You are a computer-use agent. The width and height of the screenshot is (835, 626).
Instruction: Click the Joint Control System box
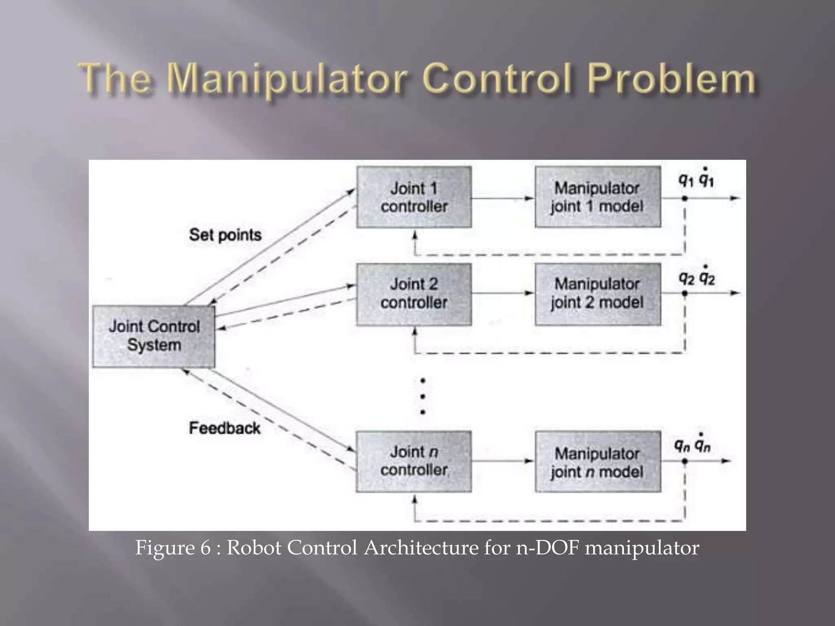pyautogui.click(x=154, y=336)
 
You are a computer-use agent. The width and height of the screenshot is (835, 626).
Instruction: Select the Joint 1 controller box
pyautogui.click(x=414, y=197)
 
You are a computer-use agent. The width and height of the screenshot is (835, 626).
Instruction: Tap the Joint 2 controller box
pyautogui.click(x=414, y=294)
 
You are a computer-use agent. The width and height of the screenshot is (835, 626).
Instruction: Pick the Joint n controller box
pyautogui.click(x=414, y=461)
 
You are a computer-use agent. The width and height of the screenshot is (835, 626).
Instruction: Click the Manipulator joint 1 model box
pyautogui.click(x=598, y=197)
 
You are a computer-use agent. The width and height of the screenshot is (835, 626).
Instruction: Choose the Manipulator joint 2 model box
pyautogui.click(x=598, y=294)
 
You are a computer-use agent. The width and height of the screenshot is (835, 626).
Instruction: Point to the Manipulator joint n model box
pyautogui.click(x=598, y=461)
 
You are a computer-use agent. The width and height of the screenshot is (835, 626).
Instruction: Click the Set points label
pyautogui.click(x=225, y=235)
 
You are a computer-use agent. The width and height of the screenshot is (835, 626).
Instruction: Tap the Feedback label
pyautogui.click(x=224, y=428)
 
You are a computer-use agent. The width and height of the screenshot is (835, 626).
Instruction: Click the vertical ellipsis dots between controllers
pyautogui.click(x=423, y=396)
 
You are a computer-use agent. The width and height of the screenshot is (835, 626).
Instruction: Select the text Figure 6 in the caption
pyautogui.click(x=173, y=547)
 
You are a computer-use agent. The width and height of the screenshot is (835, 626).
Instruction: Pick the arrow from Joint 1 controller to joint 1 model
pyautogui.click(x=503, y=198)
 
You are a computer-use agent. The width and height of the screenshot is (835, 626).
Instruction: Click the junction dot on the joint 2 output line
pyautogui.click(x=685, y=293)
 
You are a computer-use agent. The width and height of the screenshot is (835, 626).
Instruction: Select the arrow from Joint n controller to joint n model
pyautogui.click(x=503, y=461)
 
